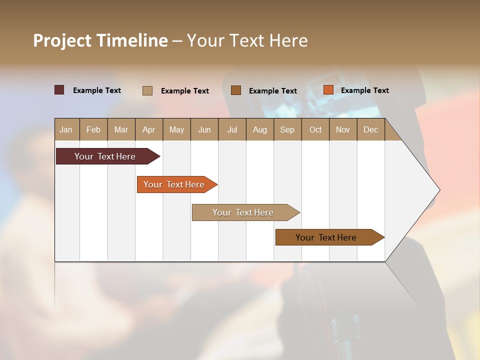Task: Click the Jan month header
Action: point(66,129)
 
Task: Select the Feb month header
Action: point(93,129)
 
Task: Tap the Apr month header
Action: point(149,129)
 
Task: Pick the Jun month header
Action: point(204,129)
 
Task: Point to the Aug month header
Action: point(260,129)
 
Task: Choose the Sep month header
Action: point(287,129)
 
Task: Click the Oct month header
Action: point(315,129)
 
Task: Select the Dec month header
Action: point(371,129)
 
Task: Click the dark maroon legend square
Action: point(59,90)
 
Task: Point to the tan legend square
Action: point(147,90)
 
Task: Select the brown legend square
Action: point(236,90)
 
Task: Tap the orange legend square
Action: point(328,90)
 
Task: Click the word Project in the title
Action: point(62,40)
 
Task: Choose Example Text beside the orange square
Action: point(364,90)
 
